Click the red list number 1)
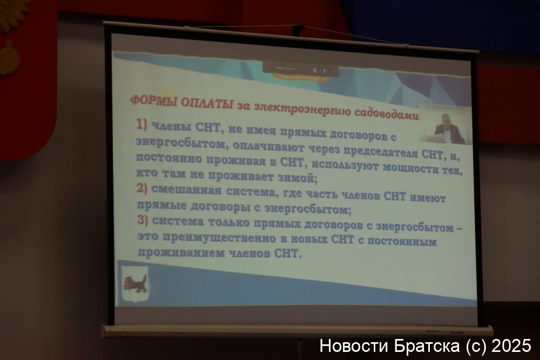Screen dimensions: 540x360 (141, 124)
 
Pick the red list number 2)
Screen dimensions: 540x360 (141, 188)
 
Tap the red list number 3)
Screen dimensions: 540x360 (142, 220)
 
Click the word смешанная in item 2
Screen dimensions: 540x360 (186, 189)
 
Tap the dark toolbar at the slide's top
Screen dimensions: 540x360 (300, 70)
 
